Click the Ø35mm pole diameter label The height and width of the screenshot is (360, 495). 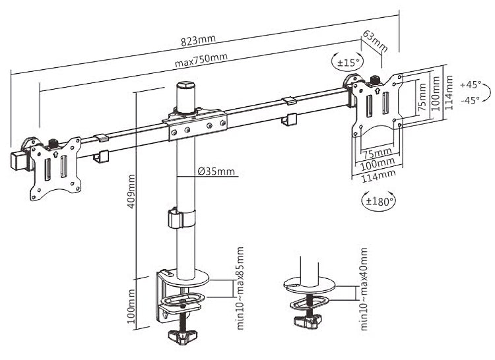(x=216, y=173)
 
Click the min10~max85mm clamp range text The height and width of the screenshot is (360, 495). (x=241, y=289)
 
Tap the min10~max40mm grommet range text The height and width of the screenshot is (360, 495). (x=364, y=289)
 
